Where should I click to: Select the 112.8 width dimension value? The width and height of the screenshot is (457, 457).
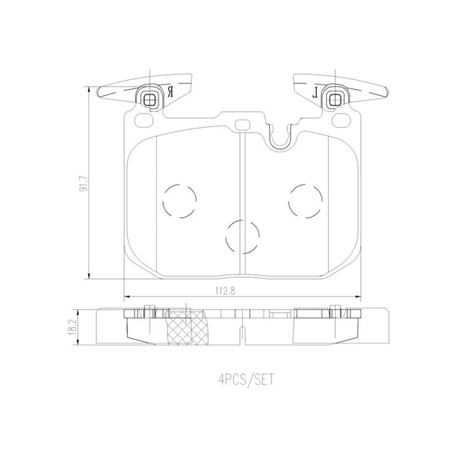pyautogui.click(x=225, y=291)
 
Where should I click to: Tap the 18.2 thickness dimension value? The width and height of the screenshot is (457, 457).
pyautogui.click(x=72, y=327)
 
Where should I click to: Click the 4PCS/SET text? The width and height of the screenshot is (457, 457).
pyautogui.click(x=246, y=380)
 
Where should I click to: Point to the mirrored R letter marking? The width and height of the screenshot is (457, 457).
pyautogui.click(x=170, y=92)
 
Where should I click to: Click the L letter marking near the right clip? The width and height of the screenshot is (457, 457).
pyautogui.click(x=315, y=92)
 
